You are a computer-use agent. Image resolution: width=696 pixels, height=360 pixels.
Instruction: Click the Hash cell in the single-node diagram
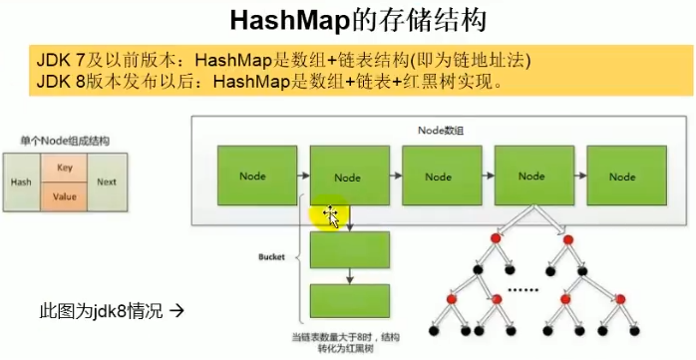point(21,183)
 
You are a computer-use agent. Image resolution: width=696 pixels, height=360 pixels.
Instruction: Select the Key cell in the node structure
point(65,168)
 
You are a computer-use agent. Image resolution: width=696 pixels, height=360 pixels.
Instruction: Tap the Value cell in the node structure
point(65,197)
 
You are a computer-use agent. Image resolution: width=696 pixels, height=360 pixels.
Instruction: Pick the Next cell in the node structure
point(107,183)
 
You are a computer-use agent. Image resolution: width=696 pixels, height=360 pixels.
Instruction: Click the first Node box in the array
point(252,176)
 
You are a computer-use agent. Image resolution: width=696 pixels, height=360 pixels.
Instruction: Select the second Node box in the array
point(347,176)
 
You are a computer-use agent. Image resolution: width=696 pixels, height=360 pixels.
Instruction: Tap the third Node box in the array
point(439,176)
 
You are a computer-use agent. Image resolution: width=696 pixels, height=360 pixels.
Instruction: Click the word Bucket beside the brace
point(270,256)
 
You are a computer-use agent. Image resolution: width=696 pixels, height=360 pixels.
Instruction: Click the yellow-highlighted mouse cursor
point(330,215)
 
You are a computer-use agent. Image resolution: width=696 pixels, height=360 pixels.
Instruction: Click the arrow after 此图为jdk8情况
point(178,310)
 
